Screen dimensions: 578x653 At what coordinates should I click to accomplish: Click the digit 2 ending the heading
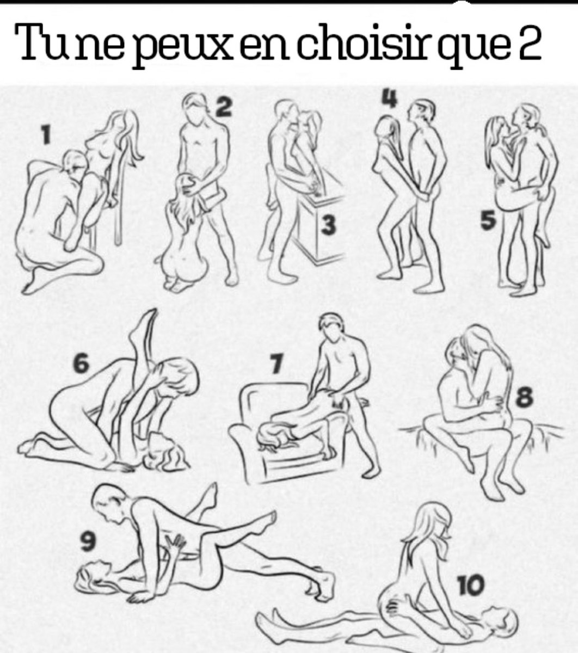[x=529, y=42]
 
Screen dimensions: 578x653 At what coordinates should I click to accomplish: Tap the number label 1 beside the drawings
[x=46, y=134]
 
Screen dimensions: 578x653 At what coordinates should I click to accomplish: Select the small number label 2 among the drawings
[x=223, y=107]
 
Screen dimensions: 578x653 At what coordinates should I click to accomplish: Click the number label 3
[x=328, y=225]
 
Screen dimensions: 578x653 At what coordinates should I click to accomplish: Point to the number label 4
[x=390, y=98]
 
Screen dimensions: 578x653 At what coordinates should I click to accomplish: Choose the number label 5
[x=488, y=221]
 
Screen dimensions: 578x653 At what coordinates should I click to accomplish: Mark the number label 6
[x=81, y=363]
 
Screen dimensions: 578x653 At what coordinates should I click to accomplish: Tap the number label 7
[x=276, y=364]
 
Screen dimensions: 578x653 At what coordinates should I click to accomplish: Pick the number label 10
[x=471, y=584]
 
